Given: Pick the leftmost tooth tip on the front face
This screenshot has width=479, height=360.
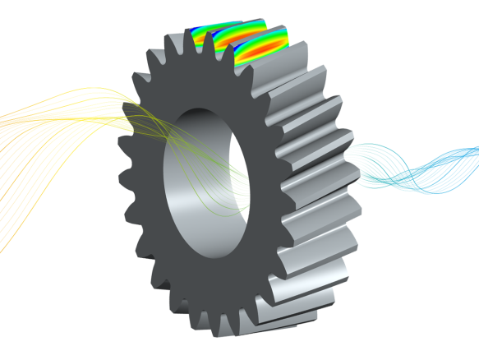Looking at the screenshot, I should coord(122,178).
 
